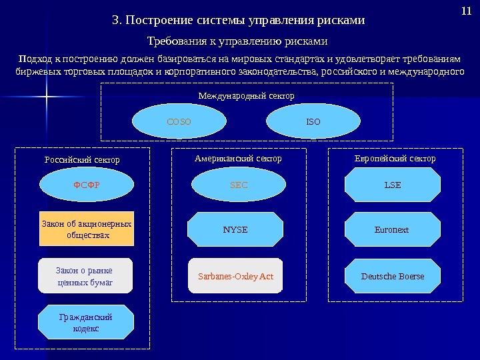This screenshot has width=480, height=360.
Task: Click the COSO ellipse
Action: point(179,123)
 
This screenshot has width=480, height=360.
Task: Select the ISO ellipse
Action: point(313,123)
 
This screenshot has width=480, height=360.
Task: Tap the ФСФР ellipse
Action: point(86,185)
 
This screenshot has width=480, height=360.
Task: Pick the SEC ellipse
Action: point(239,185)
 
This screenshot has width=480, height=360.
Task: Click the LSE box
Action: point(393,185)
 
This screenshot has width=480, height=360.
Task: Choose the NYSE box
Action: point(235,229)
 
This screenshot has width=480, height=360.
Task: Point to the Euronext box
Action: point(392,229)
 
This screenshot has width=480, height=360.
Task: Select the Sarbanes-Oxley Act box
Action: point(235,276)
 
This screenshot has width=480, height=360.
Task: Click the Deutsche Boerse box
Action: point(392,276)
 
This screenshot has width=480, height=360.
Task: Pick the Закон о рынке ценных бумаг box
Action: point(86,276)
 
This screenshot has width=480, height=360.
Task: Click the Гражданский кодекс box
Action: point(86,323)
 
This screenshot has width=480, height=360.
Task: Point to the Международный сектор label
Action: point(246,96)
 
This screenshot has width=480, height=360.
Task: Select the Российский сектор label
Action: point(82,160)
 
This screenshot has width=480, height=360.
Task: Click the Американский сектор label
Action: point(238,159)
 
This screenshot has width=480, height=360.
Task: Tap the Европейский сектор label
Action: point(394,159)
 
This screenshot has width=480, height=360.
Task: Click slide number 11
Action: point(466,11)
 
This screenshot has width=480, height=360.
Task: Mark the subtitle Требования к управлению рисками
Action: point(237,41)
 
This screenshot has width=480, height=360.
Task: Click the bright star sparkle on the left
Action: point(47,100)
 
